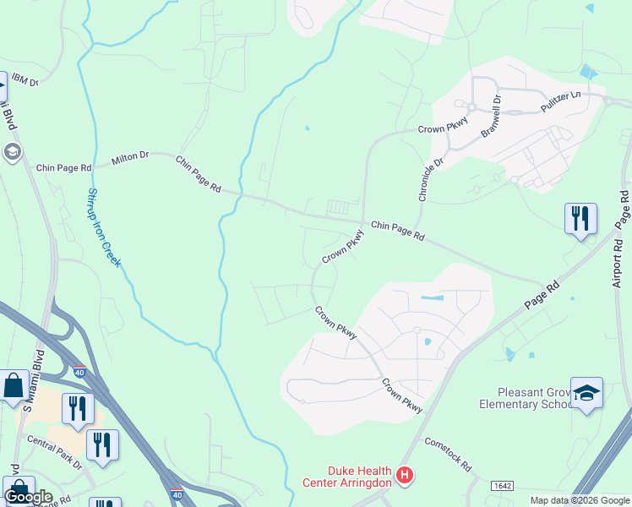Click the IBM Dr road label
(25, 82)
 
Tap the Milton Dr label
(130, 156)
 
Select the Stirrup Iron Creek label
(102, 227)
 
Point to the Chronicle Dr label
(429, 178)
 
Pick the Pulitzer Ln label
(564, 102)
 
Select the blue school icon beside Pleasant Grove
(586, 393)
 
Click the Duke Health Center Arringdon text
(347, 477)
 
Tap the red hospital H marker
(406, 477)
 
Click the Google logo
(28, 497)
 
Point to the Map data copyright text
(580, 500)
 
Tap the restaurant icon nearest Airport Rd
(580, 219)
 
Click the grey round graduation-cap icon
(12, 153)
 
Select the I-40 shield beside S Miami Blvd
(79, 371)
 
